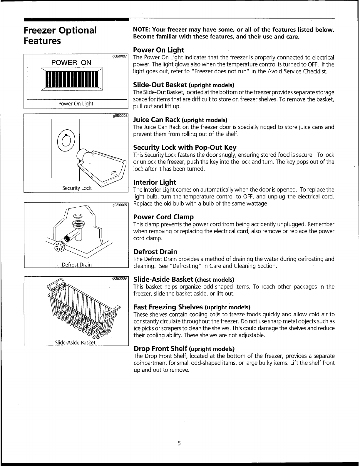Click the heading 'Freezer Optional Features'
point(60,35)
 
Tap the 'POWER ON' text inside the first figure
point(71,63)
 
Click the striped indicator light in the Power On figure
point(72,79)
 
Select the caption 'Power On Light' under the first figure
point(76,103)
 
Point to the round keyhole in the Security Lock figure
point(66,140)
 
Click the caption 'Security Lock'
point(77,188)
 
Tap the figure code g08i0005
point(120,205)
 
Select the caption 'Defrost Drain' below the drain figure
point(77,265)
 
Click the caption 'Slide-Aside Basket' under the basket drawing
point(75,343)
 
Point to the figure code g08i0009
point(120,278)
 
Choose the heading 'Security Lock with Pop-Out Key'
point(185,147)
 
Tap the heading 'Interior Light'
point(155,182)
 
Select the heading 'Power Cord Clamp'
point(163,217)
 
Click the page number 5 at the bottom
point(179,443)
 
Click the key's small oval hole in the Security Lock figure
point(114,173)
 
